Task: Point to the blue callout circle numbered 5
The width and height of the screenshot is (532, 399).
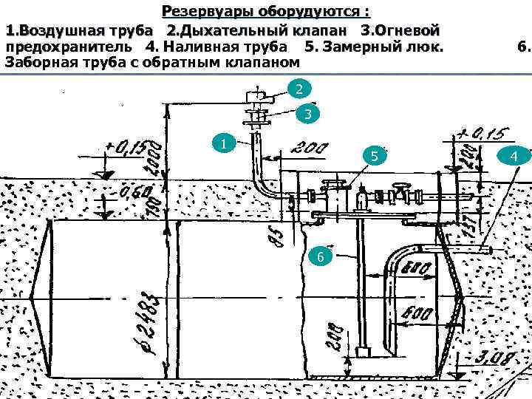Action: click(x=375, y=157)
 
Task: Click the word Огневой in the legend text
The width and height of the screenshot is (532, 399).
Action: click(x=409, y=30)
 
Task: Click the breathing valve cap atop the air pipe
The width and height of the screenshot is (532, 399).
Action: click(x=256, y=95)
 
